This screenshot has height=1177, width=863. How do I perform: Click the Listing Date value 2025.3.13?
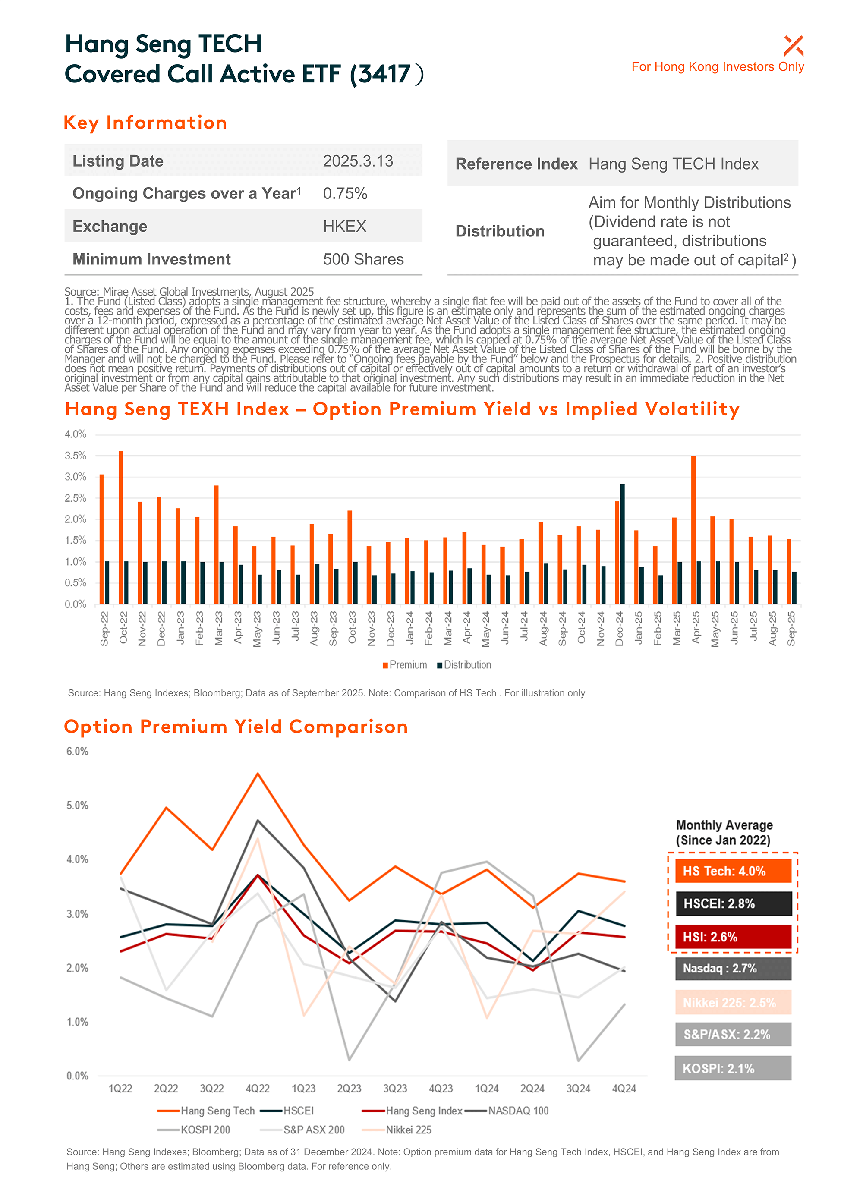(358, 161)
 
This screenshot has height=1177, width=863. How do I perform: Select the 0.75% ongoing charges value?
(345, 194)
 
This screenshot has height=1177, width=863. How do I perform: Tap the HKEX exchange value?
(344, 226)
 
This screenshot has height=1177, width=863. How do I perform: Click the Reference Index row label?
(516, 164)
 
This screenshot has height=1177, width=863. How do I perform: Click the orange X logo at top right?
(793, 46)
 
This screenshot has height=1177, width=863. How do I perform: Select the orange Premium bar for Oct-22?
(121, 527)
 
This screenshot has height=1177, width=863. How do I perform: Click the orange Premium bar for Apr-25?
(693, 529)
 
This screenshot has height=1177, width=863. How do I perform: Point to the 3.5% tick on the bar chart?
(76, 456)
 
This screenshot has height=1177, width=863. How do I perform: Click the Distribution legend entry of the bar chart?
(464, 665)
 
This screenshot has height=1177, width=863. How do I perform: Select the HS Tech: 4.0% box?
(733, 871)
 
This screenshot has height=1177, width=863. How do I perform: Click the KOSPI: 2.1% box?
(733, 1068)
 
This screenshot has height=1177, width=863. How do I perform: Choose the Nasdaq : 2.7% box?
(733, 969)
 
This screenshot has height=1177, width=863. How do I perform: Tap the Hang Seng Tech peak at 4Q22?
(258, 774)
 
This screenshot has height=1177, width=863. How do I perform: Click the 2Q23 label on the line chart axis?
(349, 1089)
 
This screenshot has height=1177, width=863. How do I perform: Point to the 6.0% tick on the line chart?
(77, 752)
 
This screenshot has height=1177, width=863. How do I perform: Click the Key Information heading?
(145, 123)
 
